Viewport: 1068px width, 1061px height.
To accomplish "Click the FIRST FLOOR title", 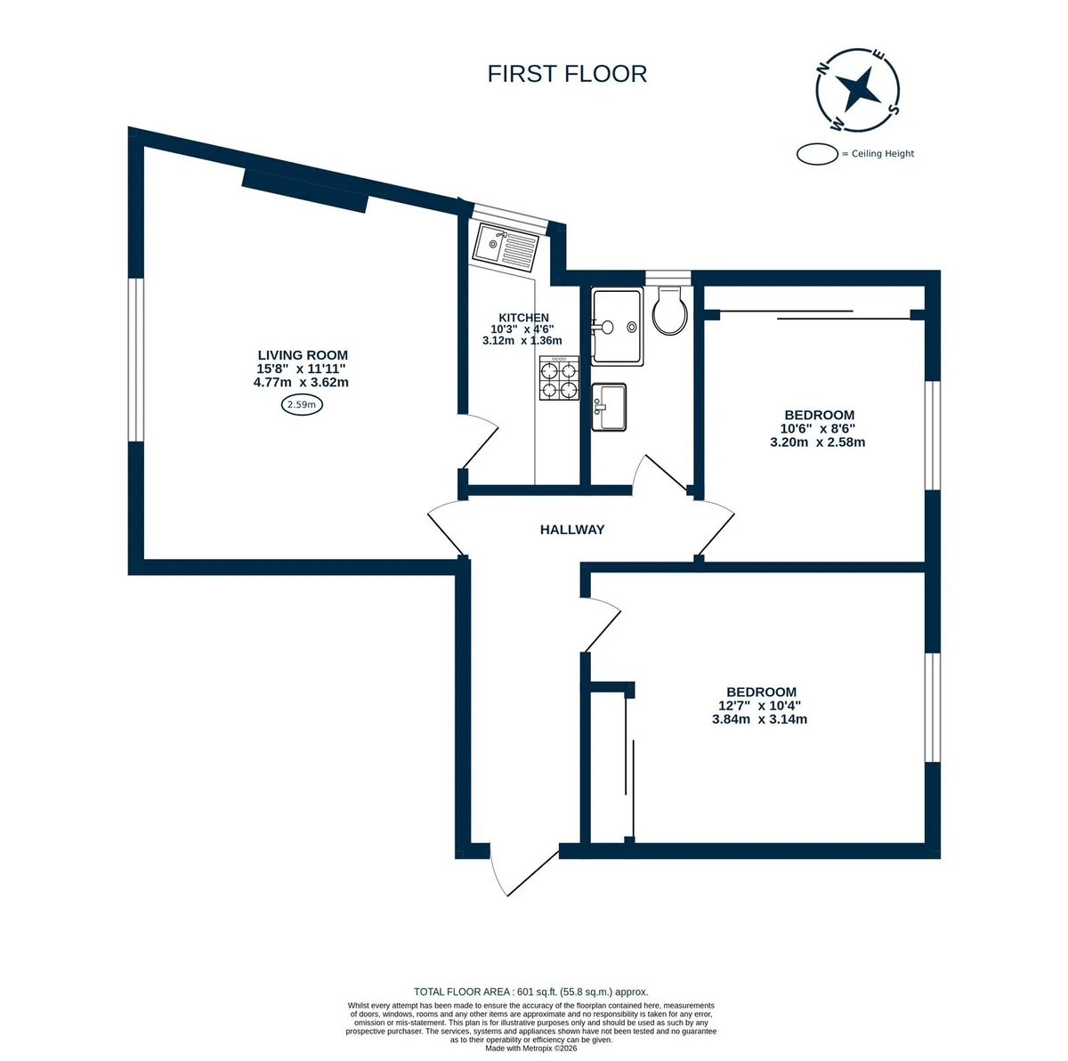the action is point(566,74).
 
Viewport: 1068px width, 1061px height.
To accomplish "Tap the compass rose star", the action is point(857,90).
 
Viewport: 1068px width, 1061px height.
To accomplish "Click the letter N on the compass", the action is point(823,69).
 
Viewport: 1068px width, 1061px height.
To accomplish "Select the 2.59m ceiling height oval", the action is point(302,405).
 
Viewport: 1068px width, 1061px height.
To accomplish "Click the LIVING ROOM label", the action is point(303,355).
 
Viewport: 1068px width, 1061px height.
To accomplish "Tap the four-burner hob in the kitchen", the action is point(559,377).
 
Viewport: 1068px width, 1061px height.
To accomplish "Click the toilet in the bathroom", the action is point(670,310).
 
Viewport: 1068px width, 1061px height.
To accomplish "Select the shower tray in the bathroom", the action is point(617,326).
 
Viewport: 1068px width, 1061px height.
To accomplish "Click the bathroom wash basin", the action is point(609,407).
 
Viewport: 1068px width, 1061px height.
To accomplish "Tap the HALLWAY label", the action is point(572,530).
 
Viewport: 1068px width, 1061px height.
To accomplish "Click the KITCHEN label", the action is point(523,318).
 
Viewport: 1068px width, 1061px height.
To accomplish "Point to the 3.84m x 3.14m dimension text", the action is point(759,719).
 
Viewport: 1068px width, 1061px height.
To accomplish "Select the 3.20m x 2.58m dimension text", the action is point(818,442).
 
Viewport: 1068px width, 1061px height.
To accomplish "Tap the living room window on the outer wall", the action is point(136,360).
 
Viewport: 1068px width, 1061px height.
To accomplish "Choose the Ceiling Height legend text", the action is point(882,154).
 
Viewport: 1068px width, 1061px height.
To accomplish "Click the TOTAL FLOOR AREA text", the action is point(531,992).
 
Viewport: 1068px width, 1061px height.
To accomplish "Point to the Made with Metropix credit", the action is point(531,1049).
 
